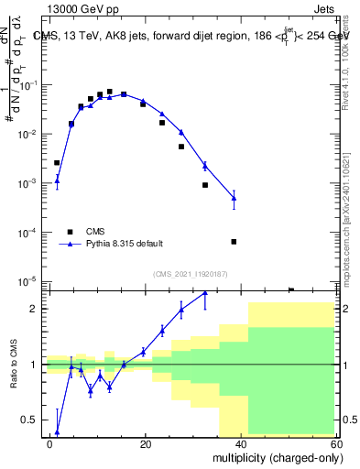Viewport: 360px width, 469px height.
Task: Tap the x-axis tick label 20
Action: (146, 443)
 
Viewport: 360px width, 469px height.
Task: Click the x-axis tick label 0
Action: (49, 443)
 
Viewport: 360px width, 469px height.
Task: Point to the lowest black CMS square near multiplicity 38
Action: (234, 242)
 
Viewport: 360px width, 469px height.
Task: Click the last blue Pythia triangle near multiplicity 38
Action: (234, 198)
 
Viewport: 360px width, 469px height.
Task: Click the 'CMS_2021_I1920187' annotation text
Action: (189, 274)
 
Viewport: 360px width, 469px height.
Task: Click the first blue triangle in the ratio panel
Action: (57, 432)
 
